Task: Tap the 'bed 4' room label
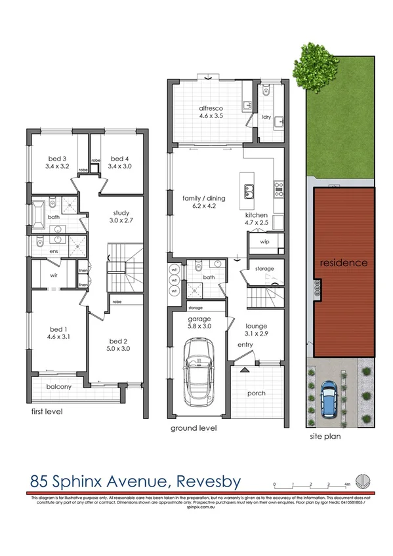click(x=119, y=159)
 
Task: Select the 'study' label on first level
click(x=120, y=212)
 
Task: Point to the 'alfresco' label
click(x=213, y=109)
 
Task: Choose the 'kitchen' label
click(x=257, y=215)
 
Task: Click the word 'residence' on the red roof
click(x=343, y=262)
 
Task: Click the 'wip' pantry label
click(x=264, y=242)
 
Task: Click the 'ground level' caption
click(x=194, y=428)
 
